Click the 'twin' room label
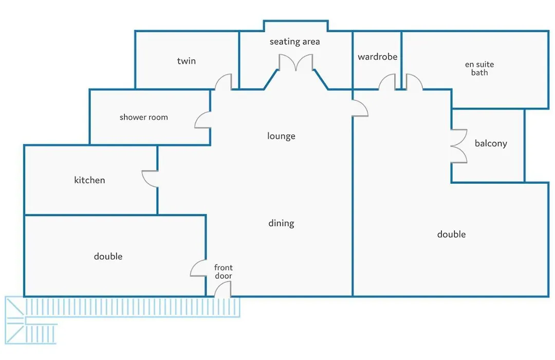pos(186,61)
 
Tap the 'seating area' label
pos(294,42)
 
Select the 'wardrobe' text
pos(377,57)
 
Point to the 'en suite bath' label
pos(479,68)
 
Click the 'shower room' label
pos(144,117)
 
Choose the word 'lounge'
pos(281,136)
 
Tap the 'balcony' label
pos(491,143)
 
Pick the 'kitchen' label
pos(89,180)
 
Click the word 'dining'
pos(281,223)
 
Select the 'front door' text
pos(224,272)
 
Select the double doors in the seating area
pos(295,62)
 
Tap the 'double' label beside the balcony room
pos(451,234)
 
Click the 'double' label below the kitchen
pos(108,256)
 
